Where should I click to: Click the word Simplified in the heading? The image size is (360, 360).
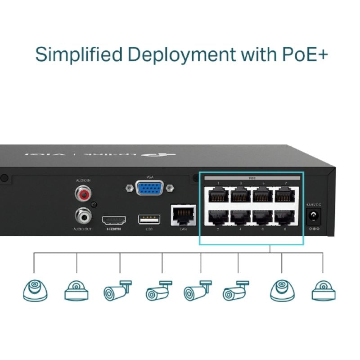pyautogui.click(x=79, y=54)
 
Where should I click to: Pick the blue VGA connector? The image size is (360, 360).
pyautogui.click(x=150, y=188)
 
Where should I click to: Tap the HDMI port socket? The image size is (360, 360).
pyautogui.click(x=114, y=220)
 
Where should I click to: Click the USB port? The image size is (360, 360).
pyautogui.click(x=149, y=220)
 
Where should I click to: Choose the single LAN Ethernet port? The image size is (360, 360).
pyautogui.click(x=183, y=215)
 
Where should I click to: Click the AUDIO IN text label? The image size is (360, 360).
pyautogui.click(x=83, y=180)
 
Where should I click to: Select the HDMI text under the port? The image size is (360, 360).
pyautogui.click(x=114, y=229)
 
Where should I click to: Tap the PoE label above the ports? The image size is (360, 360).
pyautogui.click(x=252, y=178)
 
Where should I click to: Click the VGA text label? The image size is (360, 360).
pyautogui.click(x=150, y=178)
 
